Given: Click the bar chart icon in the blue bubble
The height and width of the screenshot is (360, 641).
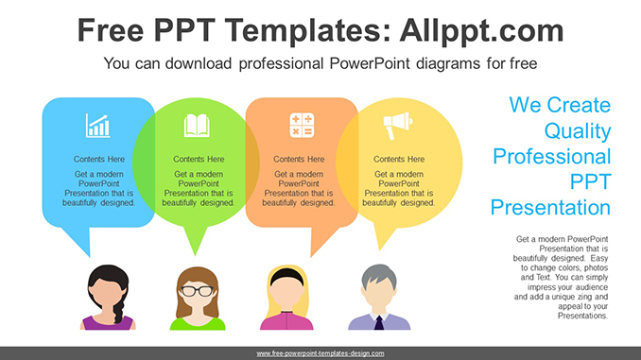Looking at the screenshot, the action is click(x=97, y=126).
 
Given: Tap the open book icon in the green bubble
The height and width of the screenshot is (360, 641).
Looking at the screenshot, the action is click(x=197, y=125).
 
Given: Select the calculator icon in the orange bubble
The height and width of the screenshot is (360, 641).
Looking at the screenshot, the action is click(x=302, y=125).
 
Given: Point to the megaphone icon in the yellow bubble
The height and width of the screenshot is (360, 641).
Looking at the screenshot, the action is click(x=398, y=126).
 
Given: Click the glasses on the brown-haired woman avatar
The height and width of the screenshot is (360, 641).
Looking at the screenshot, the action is click(x=198, y=291).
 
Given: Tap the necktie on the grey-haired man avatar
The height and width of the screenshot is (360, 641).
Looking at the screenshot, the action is click(x=379, y=323).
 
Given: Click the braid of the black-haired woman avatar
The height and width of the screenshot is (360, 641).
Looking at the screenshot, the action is click(x=118, y=309).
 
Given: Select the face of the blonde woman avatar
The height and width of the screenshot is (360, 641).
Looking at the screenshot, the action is click(x=286, y=294).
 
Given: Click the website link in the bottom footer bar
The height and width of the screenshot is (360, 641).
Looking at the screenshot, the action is click(x=320, y=353).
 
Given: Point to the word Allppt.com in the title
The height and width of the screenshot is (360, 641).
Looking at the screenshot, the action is click(x=481, y=30).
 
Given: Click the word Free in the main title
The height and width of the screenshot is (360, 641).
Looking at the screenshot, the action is click(x=111, y=30).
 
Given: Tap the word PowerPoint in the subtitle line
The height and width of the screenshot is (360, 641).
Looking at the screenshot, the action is click(x=370, y=63).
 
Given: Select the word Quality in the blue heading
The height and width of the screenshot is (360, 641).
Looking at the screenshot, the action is click(x=578, y=131).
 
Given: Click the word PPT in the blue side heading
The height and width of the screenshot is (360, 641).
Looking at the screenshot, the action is click(x=590, y=181).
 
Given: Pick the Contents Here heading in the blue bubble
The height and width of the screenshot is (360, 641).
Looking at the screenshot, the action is click(x=99, y=159).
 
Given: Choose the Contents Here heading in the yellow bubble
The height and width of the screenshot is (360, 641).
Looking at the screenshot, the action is click(x=399, y=159).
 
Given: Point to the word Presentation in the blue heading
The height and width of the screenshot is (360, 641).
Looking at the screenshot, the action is click(x=550, y=208).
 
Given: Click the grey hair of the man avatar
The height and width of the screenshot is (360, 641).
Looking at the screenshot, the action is click(x=378, y=275).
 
